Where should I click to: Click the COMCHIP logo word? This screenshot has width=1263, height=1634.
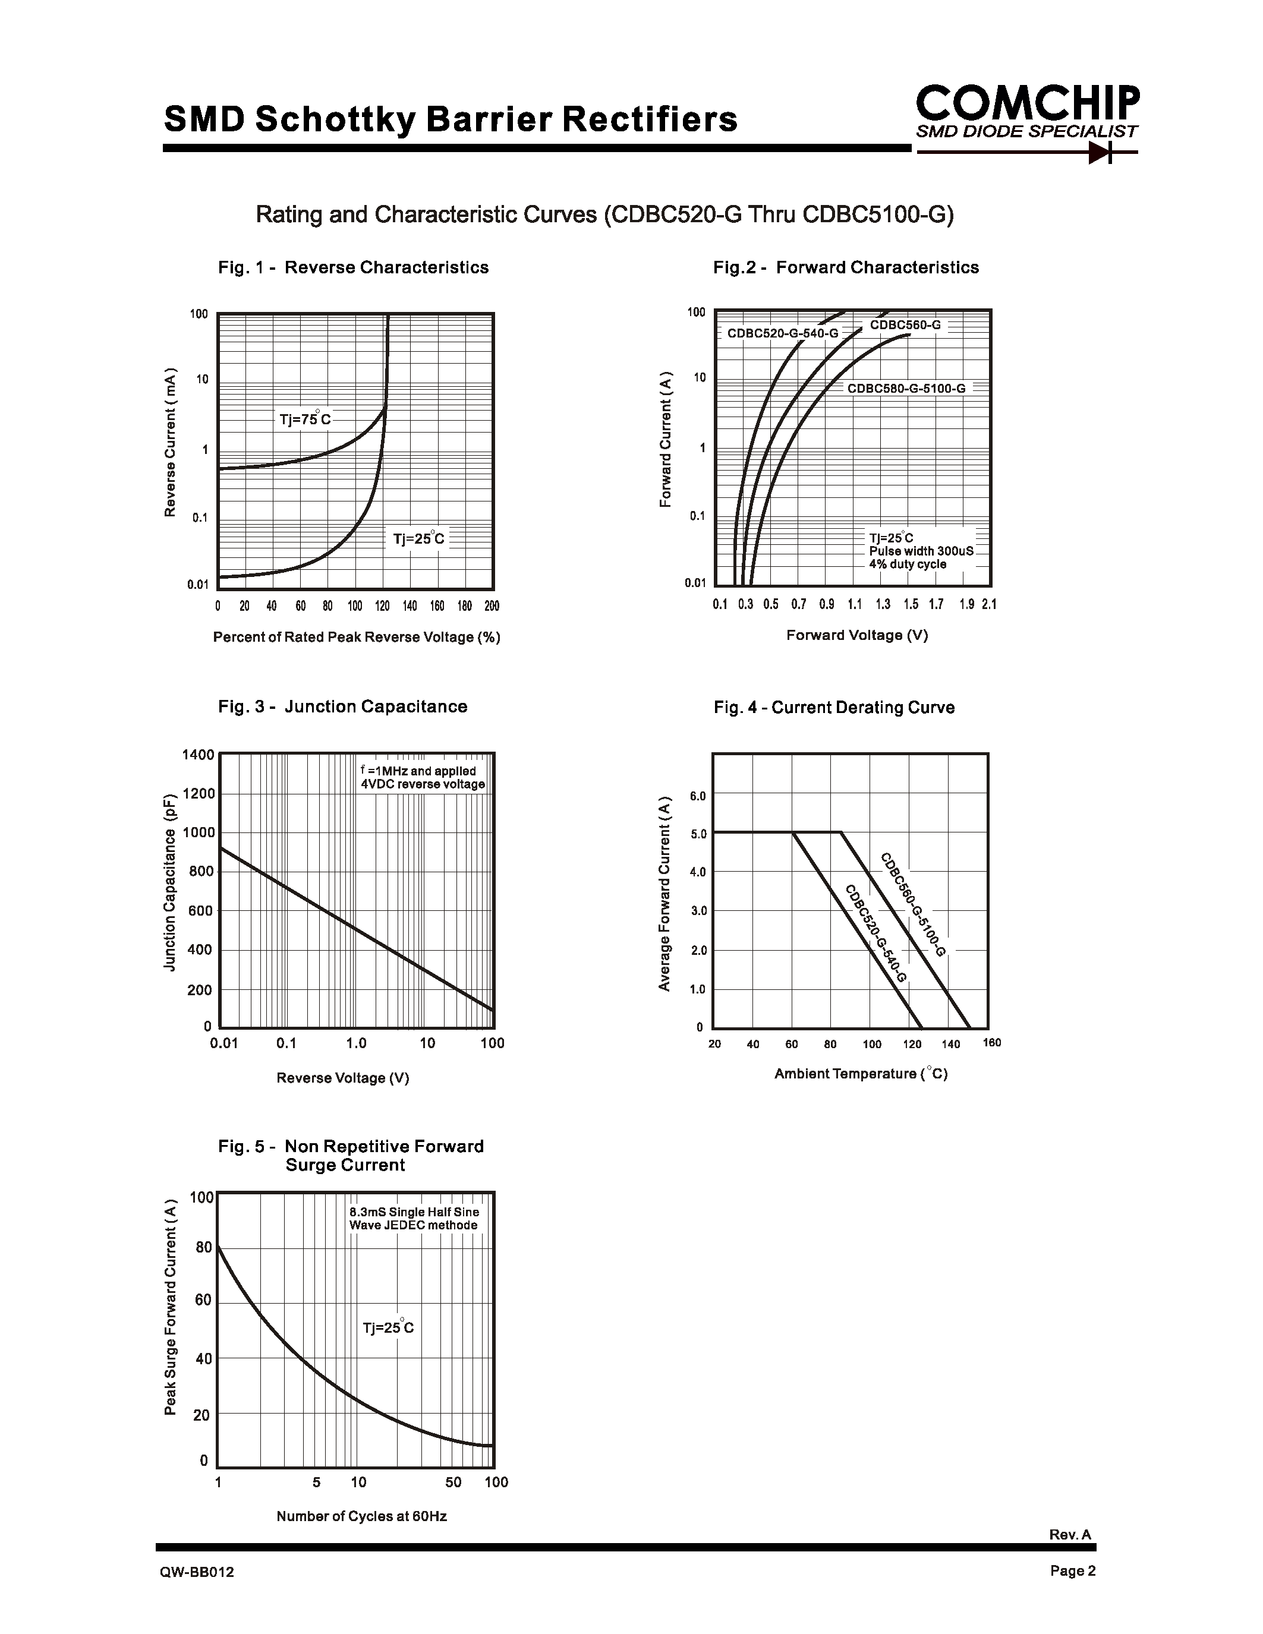pos(1027,103)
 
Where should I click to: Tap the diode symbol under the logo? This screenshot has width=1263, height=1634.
pos(1101,153)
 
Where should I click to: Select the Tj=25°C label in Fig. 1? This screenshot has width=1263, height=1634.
pos(418,539)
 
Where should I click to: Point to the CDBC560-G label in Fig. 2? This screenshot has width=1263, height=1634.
pos(905,326)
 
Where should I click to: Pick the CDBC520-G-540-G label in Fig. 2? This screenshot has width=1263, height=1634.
pos(783,333)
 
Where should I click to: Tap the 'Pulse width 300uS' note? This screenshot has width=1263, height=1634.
pos(921,551)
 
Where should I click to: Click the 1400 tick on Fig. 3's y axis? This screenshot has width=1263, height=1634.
pos(199,754)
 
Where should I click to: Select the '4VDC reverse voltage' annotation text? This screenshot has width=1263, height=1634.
pos(423,784)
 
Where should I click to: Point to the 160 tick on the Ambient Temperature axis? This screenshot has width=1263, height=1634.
pos(991,1043)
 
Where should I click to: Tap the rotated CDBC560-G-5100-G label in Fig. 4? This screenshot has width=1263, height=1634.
pos(913,904)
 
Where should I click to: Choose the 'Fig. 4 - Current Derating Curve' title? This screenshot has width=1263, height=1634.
pos(833,707)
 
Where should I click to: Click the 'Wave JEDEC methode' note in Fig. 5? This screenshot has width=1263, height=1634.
pos(413,1225)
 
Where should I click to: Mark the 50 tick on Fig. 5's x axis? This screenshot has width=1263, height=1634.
pos(453,1482)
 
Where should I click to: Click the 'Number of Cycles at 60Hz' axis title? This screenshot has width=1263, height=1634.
pos(361,1516)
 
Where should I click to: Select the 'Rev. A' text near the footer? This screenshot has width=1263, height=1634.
pos(1070,1535)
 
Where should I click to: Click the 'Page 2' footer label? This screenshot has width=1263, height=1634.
pos(1072,1570)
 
